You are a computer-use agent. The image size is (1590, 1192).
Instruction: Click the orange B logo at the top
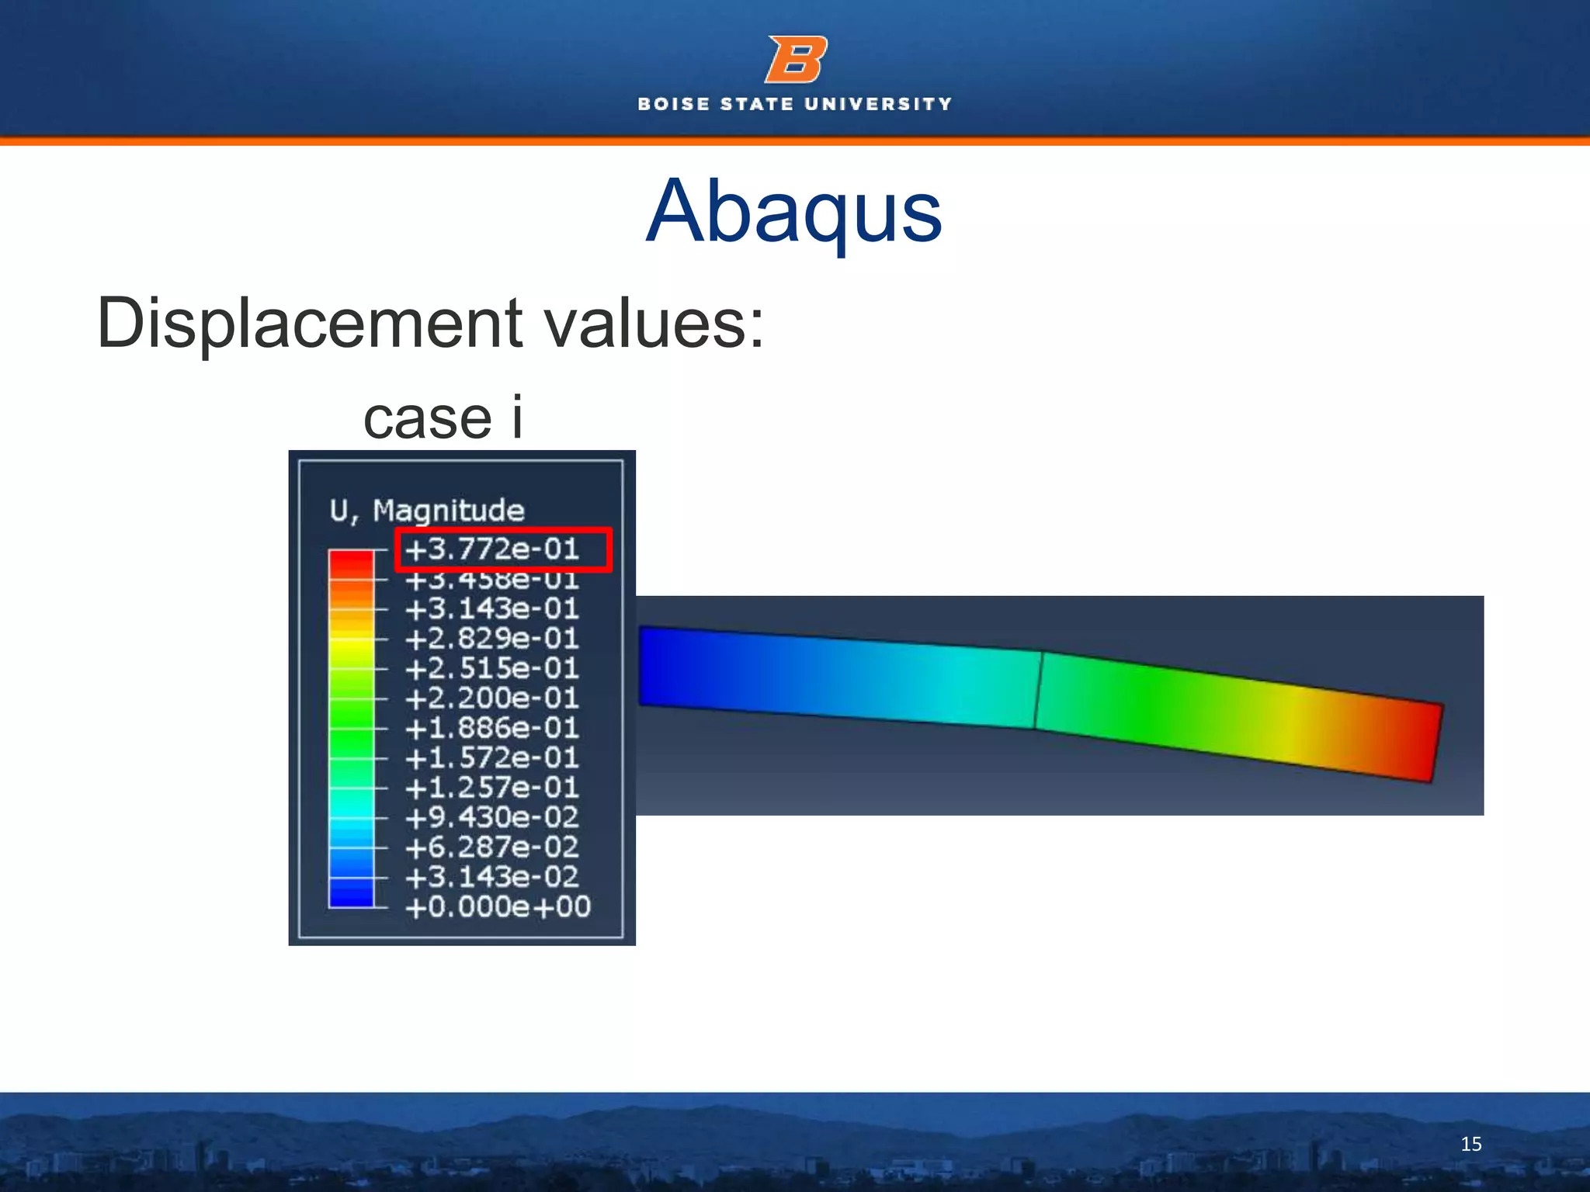point(796,59)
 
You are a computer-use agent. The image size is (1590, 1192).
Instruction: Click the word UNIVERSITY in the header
point(878,104)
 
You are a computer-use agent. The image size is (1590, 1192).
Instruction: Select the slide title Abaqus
point(793,211)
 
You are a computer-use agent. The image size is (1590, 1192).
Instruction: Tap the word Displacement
point(310,323)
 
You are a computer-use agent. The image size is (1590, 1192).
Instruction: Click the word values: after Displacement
point(654,323)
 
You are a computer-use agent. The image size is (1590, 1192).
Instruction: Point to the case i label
point(443,418)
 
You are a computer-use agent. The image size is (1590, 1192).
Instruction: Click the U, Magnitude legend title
point(427,511)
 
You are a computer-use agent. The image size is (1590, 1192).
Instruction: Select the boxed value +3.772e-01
point(492,549)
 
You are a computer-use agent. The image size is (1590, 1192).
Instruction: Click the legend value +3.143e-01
point(492,609)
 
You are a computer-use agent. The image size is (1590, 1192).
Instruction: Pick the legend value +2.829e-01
point(492,639)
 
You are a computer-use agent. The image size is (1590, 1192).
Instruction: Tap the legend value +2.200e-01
point(492,698)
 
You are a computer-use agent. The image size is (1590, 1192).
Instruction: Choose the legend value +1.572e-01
point(492,757)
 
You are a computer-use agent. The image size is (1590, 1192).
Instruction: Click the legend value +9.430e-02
point(492,817)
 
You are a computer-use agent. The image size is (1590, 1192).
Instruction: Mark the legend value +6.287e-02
point(492,847)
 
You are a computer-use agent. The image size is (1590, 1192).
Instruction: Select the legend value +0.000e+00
point(498,906)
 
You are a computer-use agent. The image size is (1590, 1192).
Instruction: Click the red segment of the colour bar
point(351,563)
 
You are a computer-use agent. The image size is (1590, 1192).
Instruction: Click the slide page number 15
point(1470,1144)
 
